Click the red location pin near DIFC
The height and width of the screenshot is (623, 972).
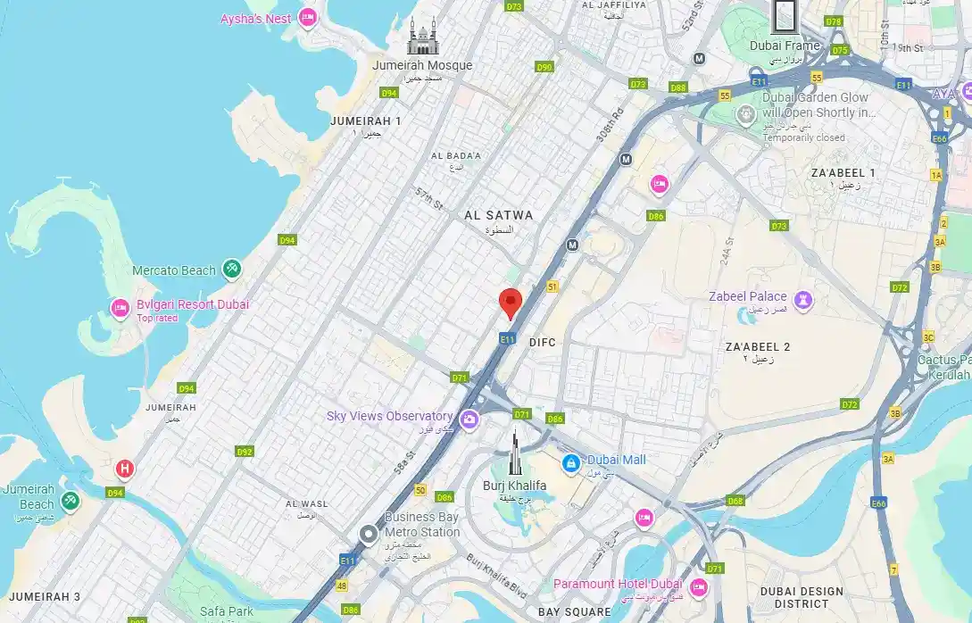pos(510,303)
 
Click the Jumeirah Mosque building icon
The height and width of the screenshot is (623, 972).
pos(423,37)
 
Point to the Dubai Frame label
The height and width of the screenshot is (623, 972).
pos(784,46)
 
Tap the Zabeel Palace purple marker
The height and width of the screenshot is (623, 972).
pos(803,299)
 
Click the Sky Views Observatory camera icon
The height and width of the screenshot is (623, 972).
pos(469,418)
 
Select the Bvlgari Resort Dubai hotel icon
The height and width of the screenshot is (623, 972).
pos(120,308)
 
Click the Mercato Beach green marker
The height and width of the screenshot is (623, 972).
pos(231,268)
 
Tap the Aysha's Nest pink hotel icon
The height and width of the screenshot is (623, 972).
pos(308,17)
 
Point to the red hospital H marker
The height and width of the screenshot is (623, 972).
pos(126,469)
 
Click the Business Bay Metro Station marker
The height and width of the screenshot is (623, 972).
pos(369,535)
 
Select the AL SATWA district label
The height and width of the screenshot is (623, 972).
pos(498,215)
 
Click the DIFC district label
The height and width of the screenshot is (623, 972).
pos(542,342)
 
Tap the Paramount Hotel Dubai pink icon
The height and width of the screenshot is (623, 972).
pos(698,586)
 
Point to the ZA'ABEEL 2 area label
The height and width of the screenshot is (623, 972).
pos(758,346)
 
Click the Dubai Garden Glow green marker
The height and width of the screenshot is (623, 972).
pos(745,113)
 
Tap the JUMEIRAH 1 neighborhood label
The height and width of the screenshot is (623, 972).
pos(365,120)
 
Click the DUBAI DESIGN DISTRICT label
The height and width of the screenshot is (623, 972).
pos(802,597)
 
